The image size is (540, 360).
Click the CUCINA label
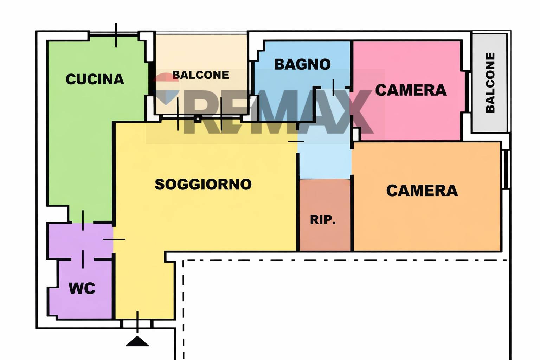(95, 79)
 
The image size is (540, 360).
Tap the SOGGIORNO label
(203, 185)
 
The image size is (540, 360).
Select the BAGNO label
(302, 64)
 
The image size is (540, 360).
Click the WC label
(82, 288)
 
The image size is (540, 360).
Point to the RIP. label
(323, 220)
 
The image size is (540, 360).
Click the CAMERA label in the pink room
(411, 90)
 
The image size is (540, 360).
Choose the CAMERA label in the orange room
(422, 191)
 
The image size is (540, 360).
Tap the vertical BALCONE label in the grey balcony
(490, 83)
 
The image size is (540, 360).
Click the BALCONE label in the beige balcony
(200, 75)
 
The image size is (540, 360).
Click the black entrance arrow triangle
(137, 341)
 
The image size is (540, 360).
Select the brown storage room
(325, 214)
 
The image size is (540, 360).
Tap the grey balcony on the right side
(489, 83)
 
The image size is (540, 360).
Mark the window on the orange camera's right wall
(506, 169)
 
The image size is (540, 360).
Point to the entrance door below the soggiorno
(137, 324)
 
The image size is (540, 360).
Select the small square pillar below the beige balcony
(198, 119)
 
